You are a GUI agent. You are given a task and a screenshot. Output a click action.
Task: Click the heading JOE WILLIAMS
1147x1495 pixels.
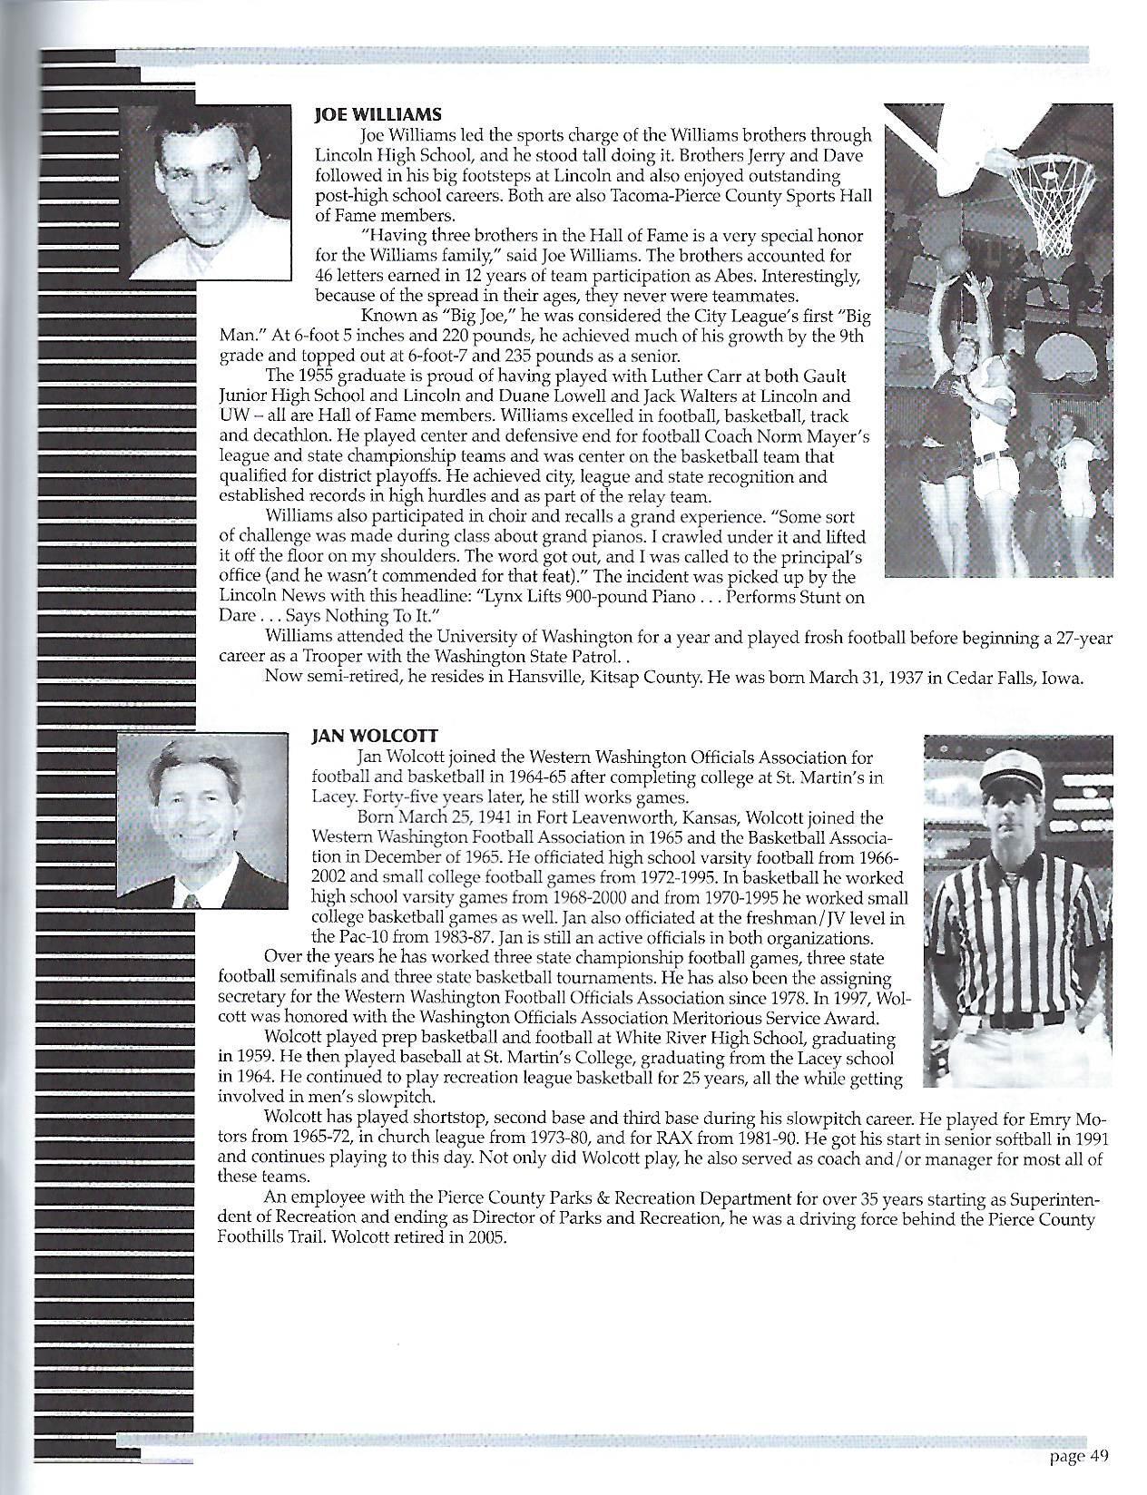coord(377,114)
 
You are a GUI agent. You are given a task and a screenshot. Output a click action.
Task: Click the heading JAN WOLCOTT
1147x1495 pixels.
coord(363,738)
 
